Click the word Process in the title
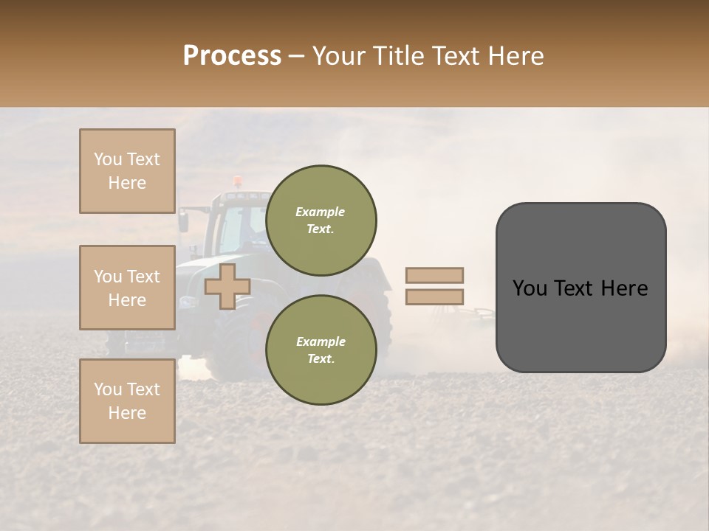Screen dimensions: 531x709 pyautogui.click(x=232, y=56)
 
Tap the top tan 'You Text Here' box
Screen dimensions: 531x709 pyautogui.click(x=127, y=171)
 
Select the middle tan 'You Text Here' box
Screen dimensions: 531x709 pyautogui.click(x=127, y=288)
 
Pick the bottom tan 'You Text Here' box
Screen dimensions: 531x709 pyautogui.click(x=127, y=401)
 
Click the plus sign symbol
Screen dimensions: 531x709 pyautogui.click(x=227, y=287)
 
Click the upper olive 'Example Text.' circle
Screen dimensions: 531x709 pyautogui.click(x=321, y=221)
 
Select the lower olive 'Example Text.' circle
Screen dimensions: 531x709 pyautogui.click(x=321, y=350)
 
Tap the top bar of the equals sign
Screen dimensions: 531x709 pyautogui.click(x=434, y=275)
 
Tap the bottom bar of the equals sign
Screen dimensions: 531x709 pyautogui.click(x=434, y=297)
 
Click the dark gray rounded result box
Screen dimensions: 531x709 pyautogui.click(x=580, y=288)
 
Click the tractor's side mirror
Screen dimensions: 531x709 pyautogui.click(x=183, y=219)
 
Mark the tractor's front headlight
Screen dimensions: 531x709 pyautogui.click(x=188, y=302)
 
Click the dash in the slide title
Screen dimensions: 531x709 pyautogui.click(x=297, y=57)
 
